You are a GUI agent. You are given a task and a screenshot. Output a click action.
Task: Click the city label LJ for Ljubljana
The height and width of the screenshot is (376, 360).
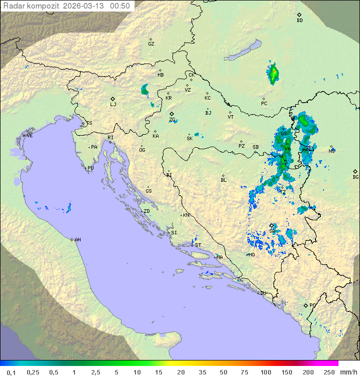113,105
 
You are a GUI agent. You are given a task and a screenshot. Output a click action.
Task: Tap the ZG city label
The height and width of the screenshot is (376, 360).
172,120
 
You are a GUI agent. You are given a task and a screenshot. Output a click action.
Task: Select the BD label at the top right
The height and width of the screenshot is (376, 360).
299,21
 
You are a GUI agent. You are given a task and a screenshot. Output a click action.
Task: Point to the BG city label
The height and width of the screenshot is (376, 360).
355,177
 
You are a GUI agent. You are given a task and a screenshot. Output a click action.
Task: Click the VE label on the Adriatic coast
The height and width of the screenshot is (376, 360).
29,136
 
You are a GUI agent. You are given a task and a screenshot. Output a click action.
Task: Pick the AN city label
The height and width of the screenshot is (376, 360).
77,240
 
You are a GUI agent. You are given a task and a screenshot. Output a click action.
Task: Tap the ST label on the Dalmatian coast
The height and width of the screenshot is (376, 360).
198,245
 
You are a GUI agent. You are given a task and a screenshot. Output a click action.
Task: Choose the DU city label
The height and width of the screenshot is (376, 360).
262,293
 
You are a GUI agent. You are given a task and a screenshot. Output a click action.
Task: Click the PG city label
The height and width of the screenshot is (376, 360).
312,305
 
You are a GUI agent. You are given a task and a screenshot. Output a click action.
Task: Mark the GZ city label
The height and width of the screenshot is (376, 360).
151,44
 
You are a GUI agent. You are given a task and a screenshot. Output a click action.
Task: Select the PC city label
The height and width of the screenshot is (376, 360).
264,104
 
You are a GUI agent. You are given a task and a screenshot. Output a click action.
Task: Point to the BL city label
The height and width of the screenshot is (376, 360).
223,180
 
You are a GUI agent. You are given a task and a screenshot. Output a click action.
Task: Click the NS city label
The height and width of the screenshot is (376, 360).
331,151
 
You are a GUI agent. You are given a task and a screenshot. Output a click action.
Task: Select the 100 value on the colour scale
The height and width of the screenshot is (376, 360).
265,372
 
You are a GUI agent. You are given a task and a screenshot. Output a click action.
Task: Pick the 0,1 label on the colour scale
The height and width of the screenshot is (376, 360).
11,372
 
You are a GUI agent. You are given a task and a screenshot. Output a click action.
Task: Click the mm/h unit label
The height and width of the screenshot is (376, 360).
347,372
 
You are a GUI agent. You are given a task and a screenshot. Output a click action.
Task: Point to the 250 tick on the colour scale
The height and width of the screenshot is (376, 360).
328,372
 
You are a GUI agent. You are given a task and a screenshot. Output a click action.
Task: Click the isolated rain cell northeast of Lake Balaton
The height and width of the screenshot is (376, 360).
273,74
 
